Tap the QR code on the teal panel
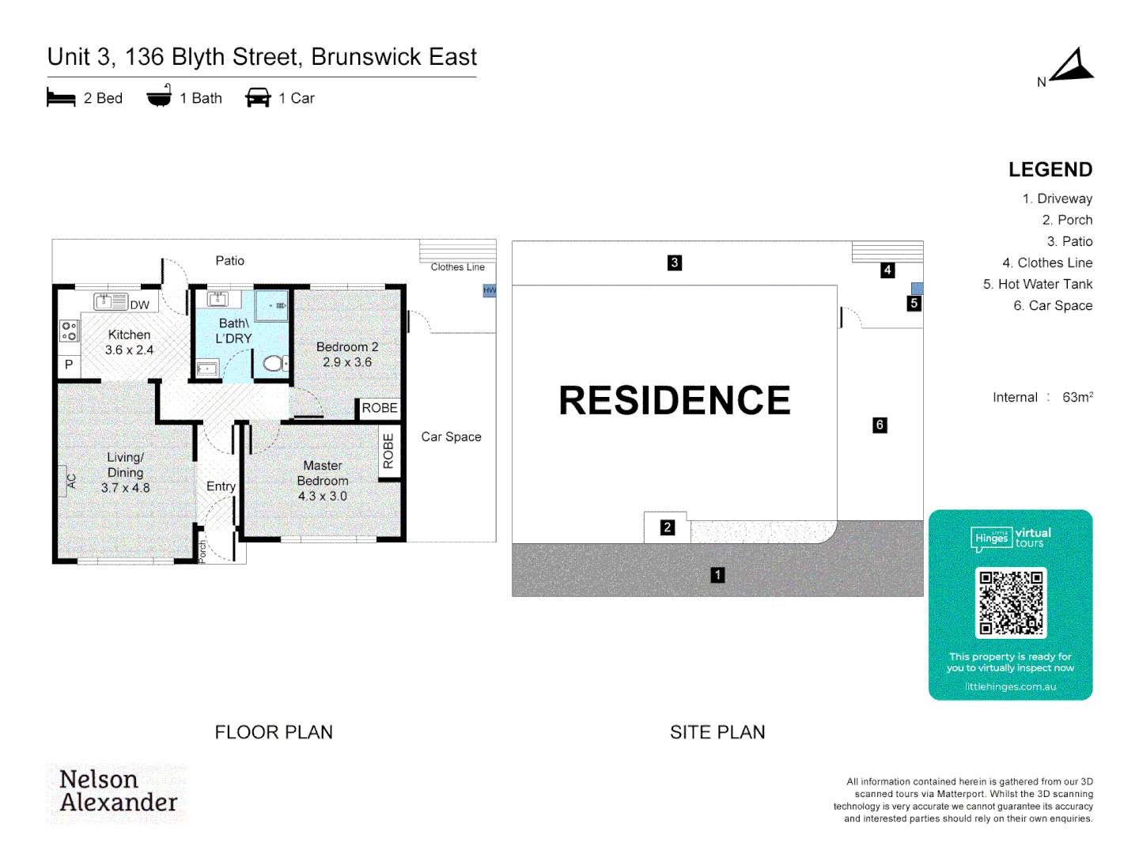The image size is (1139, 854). [1010, 603]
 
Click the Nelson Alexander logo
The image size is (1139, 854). [118, 791]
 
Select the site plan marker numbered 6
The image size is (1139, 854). [880, 425]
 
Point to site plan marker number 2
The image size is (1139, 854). [668, 527]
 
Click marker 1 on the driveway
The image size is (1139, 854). [717, 575]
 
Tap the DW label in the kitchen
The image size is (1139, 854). [140, 305]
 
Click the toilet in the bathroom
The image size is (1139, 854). [274, 363]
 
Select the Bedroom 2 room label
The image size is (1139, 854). [347, 347]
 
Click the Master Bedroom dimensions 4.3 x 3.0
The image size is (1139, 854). [323, 497]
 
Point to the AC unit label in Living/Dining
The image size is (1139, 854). [71, 480]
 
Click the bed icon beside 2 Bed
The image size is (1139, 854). [61, 98]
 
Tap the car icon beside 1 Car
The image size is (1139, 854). [258, 98]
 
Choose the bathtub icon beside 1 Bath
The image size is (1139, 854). [159, 96]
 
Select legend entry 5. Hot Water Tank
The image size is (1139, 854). [1038, 284]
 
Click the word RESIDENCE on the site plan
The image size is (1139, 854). [675, 400]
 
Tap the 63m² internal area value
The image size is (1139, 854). [1077, 397]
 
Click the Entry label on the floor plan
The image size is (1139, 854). [221, 486]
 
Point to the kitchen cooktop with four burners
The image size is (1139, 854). [69, 331]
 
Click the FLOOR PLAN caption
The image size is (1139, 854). [274, 732]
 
